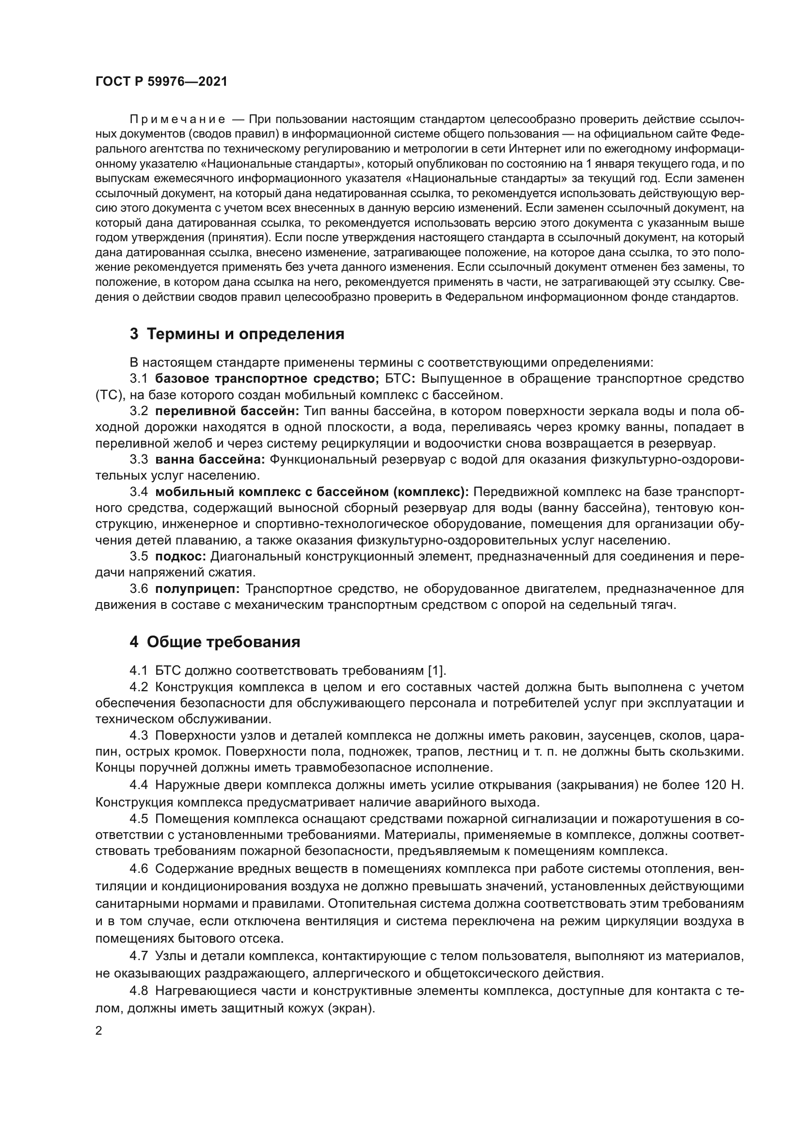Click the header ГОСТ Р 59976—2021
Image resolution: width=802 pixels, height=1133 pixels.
161,82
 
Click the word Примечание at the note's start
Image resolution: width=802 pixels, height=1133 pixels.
177,120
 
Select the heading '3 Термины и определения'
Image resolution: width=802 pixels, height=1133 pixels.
237,334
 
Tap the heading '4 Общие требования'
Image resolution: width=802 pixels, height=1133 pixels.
215,642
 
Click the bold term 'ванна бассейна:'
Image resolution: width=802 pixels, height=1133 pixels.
210,459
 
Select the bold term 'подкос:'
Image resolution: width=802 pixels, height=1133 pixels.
181,556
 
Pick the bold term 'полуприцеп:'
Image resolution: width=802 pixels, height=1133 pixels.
197,589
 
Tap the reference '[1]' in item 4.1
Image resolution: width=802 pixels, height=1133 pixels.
436,670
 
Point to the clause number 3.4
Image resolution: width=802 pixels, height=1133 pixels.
139,492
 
